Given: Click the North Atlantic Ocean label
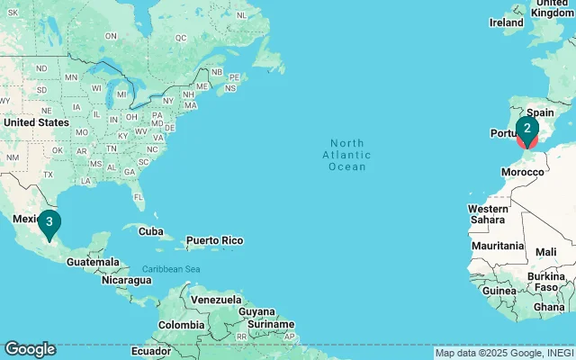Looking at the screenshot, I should point(347,155).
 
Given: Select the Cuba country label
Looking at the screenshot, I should point(151,231).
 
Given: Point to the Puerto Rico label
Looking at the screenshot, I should point(214,240).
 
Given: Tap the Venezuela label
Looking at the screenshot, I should point(215,300).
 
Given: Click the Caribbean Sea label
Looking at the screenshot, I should point(171,269).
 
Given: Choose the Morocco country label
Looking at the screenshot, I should point(522,172).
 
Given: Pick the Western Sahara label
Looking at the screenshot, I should point(487,214).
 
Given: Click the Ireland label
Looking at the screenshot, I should point(506,22).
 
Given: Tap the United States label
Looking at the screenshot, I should point(35,122).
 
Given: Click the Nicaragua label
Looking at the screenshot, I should point(127,280).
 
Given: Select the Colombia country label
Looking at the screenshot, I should point(181,324).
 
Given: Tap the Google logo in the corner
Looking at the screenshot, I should point(30,349).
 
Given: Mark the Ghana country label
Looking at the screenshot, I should point(548,307).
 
